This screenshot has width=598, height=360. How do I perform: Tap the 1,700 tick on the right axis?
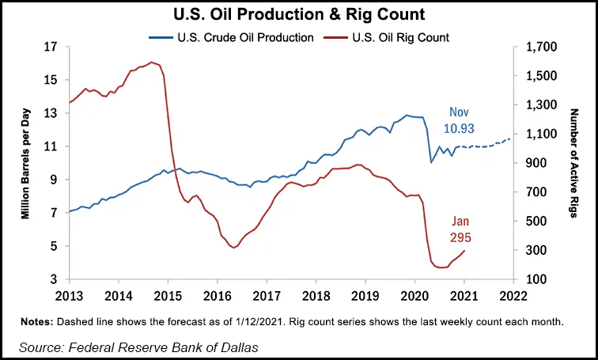[x=536, y=47]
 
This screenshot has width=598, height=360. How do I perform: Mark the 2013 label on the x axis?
[x=70, y=296]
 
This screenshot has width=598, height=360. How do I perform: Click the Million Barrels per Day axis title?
[x=25, y=162]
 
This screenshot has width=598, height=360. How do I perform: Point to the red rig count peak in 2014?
[x=151, y=62]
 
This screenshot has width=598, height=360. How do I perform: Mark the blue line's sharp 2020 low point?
[x=431, y=162]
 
